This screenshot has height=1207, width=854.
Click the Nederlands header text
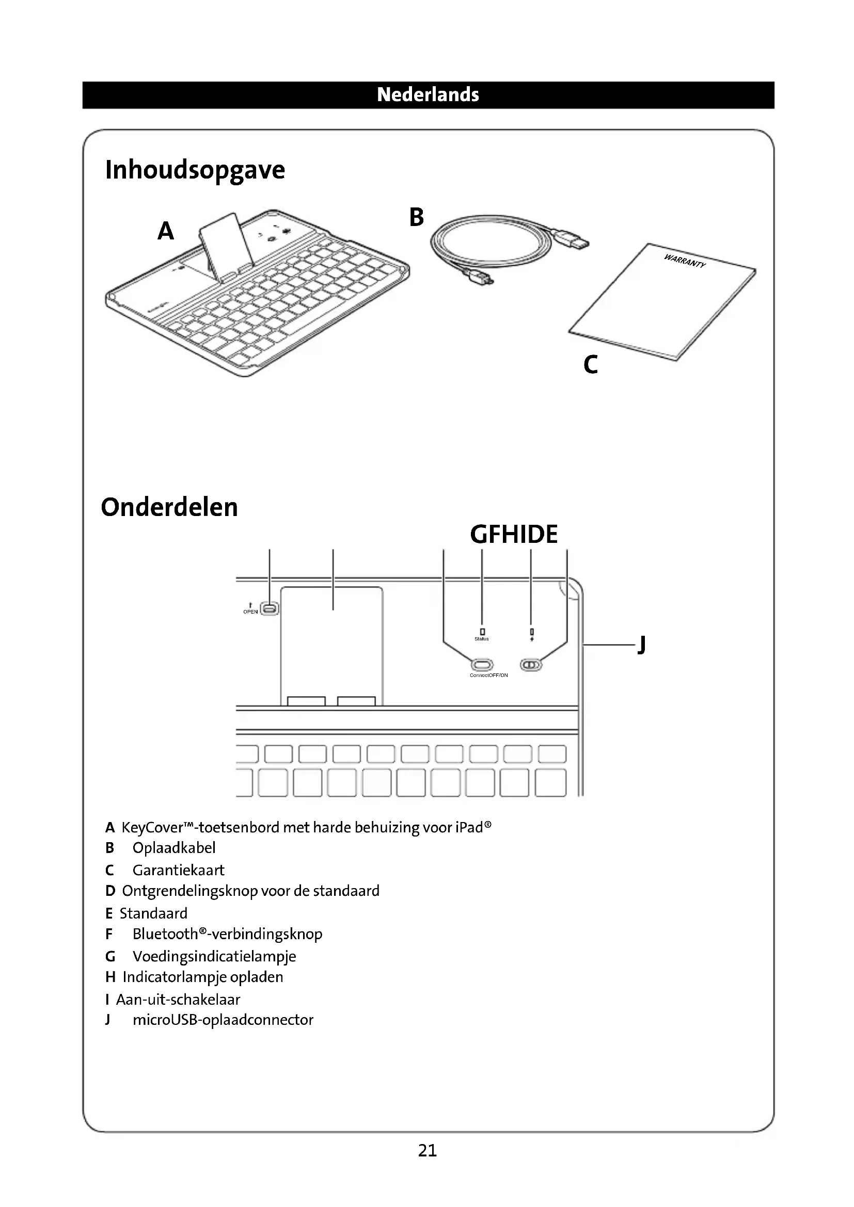click(428, 94)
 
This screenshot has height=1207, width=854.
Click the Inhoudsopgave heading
click(195, 170)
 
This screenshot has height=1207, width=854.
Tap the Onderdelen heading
click(169, 507)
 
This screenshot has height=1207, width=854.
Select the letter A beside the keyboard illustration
click(166, 231)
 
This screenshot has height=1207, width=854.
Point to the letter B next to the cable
click(416, 217)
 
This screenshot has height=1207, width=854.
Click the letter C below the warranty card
click(591, 364)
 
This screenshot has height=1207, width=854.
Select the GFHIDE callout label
click(513, 534)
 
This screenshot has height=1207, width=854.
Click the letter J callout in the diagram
click(641, 645)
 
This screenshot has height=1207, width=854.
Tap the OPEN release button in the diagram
click(270, 609)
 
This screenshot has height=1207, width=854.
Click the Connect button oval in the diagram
click(482, 665)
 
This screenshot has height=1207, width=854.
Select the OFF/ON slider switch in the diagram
click(531, 665)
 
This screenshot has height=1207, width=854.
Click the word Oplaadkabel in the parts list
click(174, 848)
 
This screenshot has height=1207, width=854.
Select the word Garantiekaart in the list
click(178, 871)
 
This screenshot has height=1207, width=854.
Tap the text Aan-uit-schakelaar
click(178, 1000)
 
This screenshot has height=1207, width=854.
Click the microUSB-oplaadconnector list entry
click(223, 1020)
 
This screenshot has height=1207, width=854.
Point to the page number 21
click(427, 1151)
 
